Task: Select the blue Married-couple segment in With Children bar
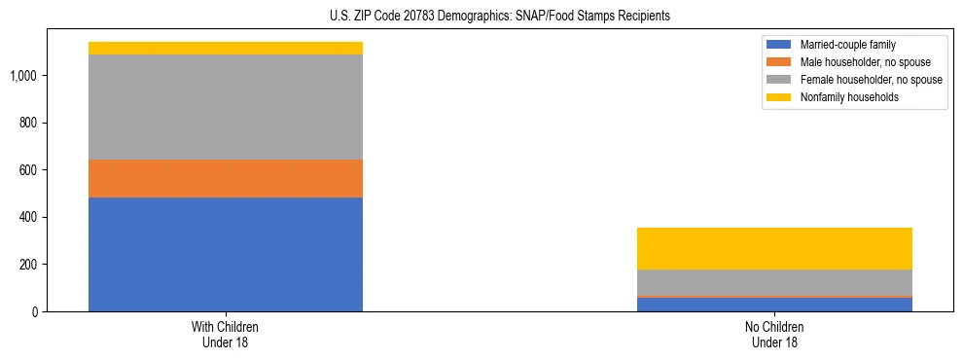click(225, 254)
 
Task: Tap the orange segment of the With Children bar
click(225, 178)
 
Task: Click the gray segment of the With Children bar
click(225, 107)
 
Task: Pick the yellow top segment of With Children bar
click(225, 48)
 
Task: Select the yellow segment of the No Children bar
click(774, 248)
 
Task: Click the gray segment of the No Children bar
click(774, 282)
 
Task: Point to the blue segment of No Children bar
click(774, 305)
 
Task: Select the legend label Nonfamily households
click(842, 97)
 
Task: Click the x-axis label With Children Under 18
click(225, 335)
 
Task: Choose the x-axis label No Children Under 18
click(774, 335)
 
